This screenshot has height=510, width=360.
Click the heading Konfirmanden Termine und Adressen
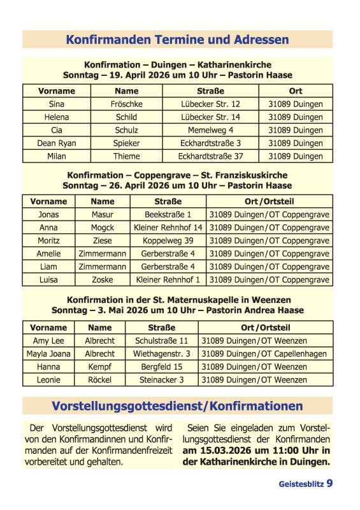177,40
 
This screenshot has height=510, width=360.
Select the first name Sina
56,104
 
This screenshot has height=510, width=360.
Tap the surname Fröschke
126,104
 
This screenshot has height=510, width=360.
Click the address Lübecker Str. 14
210,117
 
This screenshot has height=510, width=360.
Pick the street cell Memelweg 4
210,130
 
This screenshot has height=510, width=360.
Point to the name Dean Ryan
56,143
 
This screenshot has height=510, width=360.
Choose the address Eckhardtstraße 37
210,156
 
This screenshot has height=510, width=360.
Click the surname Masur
102,215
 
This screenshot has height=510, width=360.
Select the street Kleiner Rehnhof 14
168,228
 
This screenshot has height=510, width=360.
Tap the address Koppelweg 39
168,241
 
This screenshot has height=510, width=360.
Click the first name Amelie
48,254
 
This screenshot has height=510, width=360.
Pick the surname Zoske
102,280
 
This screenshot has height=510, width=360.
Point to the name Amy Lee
48,341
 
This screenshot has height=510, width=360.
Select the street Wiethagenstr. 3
161,354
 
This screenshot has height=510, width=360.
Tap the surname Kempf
99,367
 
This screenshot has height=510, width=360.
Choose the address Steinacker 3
161,380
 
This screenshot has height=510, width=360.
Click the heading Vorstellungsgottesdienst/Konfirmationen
177,406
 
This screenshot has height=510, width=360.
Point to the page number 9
329,484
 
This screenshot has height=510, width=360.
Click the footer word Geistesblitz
301,484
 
